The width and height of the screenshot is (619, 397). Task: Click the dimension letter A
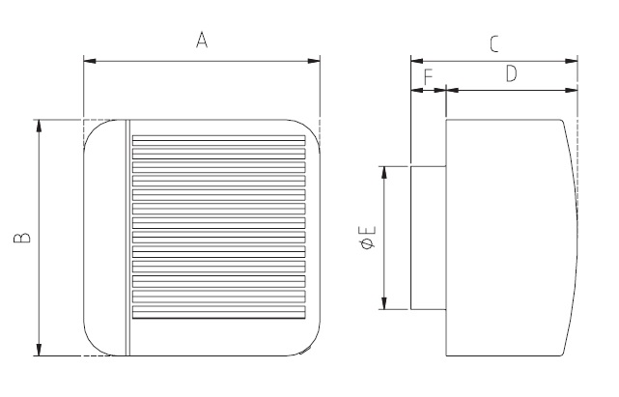(x=202, y=40)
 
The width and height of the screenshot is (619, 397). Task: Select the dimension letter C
(x=492, y=43)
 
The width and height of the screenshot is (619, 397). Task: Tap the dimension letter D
(x=511, y=72)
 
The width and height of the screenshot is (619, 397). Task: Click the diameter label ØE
(x=367, y=238)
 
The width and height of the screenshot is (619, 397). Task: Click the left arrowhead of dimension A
(x=90, y=62)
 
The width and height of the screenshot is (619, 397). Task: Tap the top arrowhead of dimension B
(x=40, y=127)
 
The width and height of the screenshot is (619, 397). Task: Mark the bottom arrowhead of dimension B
(x=40, y=350)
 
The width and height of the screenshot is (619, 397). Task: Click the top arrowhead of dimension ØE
(x=384, y=172)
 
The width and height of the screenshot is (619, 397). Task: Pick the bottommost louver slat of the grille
(x=217, y=314)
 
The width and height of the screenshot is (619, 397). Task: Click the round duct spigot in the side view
(x=428, y=238)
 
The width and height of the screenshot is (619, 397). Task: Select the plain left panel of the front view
(x=104, y=238)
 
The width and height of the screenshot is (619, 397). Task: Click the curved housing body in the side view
(x=507, y=238)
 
